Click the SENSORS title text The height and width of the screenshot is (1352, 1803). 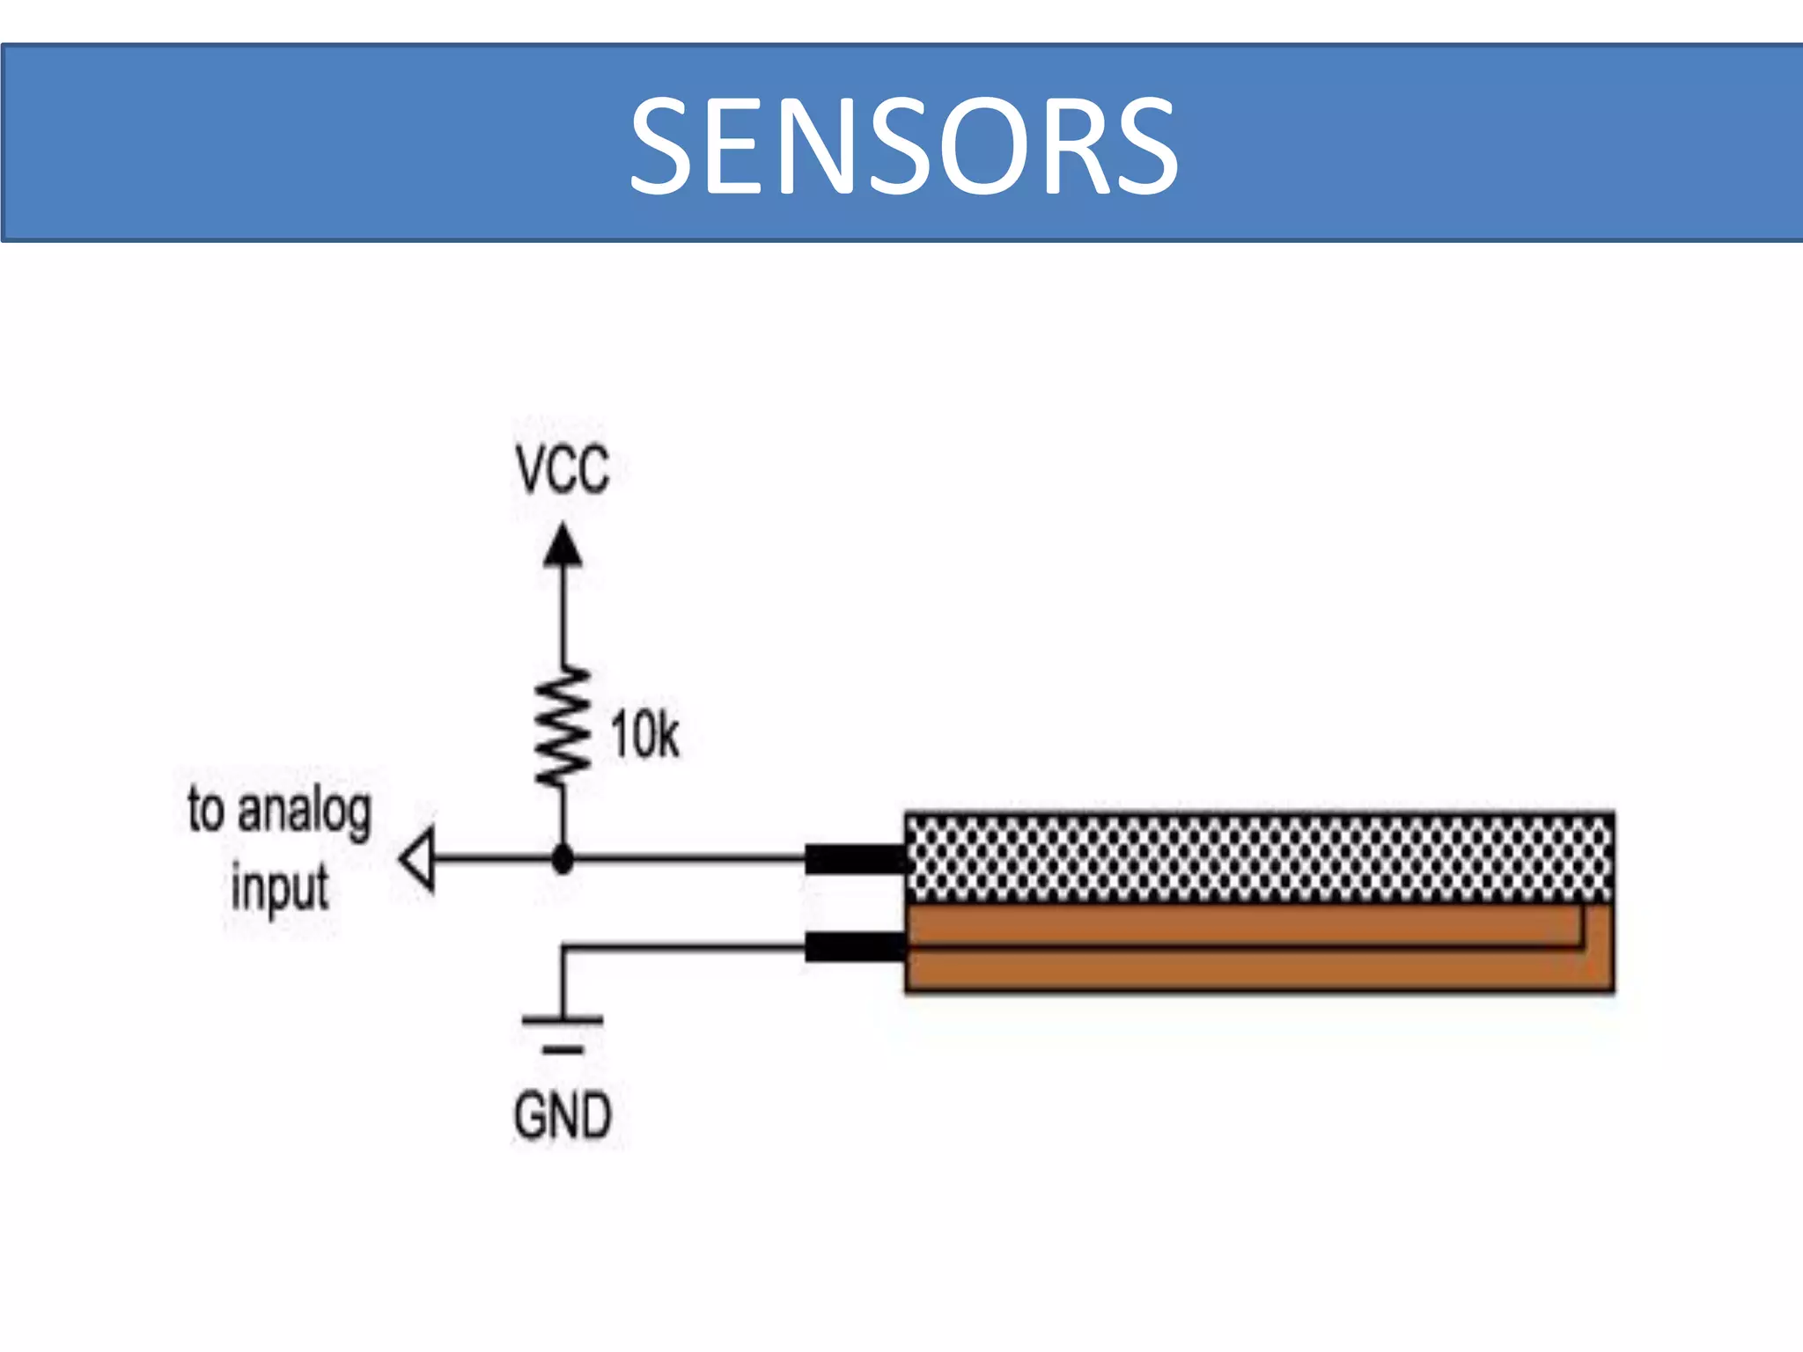tap(903, 145)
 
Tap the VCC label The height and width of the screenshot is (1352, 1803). tap(563, 470)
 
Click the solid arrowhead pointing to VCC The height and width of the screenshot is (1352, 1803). tap(563, 546)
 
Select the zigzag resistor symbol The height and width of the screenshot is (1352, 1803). tap(563, 727)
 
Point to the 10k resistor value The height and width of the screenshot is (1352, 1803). tap(644, 734)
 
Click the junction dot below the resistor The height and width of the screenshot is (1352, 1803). tap(563, 858)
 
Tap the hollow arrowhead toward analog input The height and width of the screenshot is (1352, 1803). tap(418, 858)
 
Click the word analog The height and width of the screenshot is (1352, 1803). tap(305, 812)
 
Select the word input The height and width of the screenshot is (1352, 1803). tap(280, 887)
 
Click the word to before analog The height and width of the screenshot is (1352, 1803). tap(206, 810)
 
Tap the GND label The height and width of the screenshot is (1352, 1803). tap(563, 1116)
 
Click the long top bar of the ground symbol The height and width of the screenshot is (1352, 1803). tap(563, 1020)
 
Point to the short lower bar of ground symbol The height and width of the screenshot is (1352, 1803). tap(563, 1049)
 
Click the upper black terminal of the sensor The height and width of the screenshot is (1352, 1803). tap(854, 858)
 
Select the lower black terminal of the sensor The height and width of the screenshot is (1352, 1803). tap(854, 947)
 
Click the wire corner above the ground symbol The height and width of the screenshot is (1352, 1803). tap(563, 948)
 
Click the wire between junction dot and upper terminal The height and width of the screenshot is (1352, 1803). tap(687, 858)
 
